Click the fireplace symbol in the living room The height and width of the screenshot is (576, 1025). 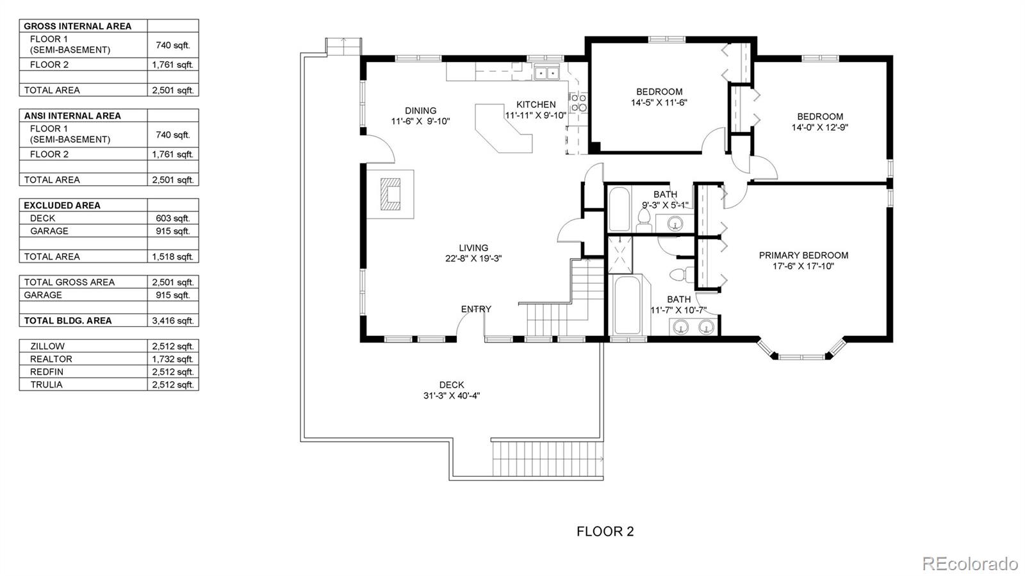click(x=390, y=194)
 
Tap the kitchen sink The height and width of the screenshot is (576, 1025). click(x=547, y=72)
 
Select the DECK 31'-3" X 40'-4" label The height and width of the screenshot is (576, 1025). click(x=452, y=390)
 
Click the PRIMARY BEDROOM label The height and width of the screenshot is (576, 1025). click(x=803, y=255)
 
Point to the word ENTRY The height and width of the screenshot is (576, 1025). click(x=476, y=309)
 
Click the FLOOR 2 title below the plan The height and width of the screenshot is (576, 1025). click(x=605, y=532)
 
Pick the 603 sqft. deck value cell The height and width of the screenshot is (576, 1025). click(x=173, y=218)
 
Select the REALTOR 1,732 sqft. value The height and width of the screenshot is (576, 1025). click(x=173, y=359)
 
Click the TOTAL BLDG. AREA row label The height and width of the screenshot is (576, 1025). click(x=68, y=321)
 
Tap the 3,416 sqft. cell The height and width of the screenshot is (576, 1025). click(x=173, y=321)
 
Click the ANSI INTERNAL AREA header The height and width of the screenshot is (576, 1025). click(x=72, y=116)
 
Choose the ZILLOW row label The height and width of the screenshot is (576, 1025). click(x=47, y=347)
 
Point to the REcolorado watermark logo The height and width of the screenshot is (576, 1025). click(x=970, y=563)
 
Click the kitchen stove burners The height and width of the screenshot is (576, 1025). click(x=578, y=103)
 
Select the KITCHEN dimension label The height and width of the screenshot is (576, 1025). click(x=536, y=110)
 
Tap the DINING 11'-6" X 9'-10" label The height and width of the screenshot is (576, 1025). click(x=420, y=116)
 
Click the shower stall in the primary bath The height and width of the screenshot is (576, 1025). click(x=620, y=254)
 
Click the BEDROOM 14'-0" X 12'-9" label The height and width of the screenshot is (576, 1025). click(x=820, y=122)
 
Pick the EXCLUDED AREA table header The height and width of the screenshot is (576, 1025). click(x=61, y=206)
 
